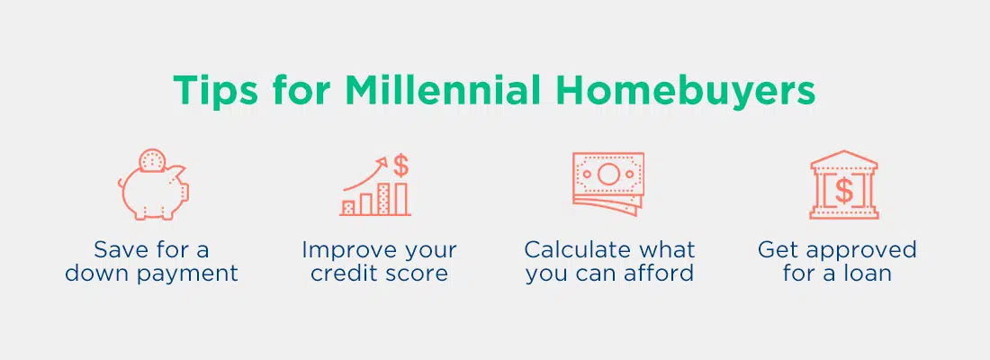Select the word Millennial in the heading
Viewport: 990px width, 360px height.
pyautogui.click(x=443, y=90)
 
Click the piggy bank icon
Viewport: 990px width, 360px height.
pyautogui.click(x=154, y=184)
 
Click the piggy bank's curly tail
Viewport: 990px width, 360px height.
pyautogui.click(x=121, y=184)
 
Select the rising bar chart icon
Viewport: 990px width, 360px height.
pyautogui.click(x=375, y=185)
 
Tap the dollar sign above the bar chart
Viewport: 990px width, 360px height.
pyautogui.click(x=400, y=166)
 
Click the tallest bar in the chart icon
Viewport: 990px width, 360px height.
pyautogui.click(x=400, y=199)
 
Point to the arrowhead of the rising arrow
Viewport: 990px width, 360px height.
pyautogui.click(x=382, y=162)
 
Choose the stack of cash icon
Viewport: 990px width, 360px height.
pyautogui.click(x=608, y=184)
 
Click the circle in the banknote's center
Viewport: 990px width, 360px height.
pyautogui.click(x=608, y=174)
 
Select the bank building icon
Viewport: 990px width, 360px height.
pyautogui.click(x=844, y=184)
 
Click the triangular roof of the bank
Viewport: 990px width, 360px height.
pyautogui.click(x=844, y=158)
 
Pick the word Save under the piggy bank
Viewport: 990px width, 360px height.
pyautogui.click(x=120, y=249)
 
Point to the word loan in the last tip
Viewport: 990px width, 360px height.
pyautogui.click(x=866, y=274)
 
